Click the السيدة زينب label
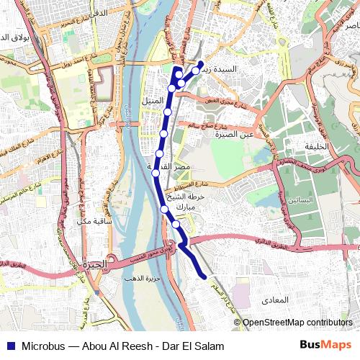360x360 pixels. [x=225, y=70]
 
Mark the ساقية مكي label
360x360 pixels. [x=94, y=221]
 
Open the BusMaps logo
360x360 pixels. [x=325, y=346]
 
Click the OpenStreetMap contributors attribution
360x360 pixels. [x=297, y=323]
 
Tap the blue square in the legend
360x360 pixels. [x=9, y=346]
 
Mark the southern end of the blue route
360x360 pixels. [x=206, y=276]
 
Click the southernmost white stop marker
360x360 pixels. [x=176, y=224]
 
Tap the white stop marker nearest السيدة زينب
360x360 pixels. [x=195, y=71]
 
